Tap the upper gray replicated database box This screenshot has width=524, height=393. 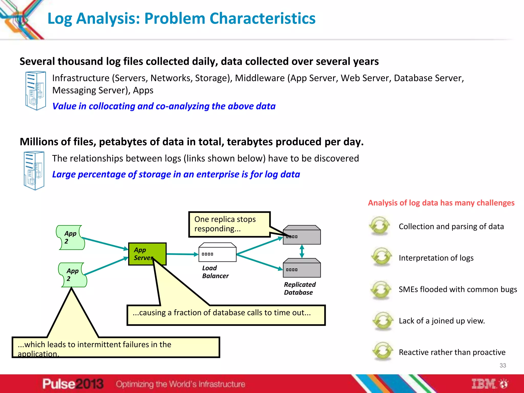coord(302,235)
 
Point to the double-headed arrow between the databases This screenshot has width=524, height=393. coord(302,251)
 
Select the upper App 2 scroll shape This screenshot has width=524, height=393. coord(70,237)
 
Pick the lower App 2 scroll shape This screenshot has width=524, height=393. coord(72,275)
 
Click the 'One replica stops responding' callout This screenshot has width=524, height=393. coord(229,224)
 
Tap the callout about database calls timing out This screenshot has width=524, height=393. coord(226,315)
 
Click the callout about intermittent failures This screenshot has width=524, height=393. coord(116,347)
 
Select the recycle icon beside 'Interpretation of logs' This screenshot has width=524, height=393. coord(381,257)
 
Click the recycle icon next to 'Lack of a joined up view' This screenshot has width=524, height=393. coord(383,321)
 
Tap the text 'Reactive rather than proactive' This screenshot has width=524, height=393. coord(452,352)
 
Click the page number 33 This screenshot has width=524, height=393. coord(503,365)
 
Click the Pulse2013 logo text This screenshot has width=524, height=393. coord(73,384)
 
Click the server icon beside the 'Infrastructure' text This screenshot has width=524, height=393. coord(36,91)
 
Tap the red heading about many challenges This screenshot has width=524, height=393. coord(441,203)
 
